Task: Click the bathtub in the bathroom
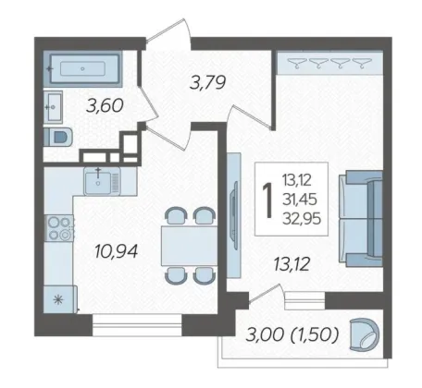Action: [82, 68]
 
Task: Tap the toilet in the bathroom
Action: [58, 137]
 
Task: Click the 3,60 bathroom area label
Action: [105, 105]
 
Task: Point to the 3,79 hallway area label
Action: [208, 82]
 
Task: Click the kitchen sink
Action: [102, 181]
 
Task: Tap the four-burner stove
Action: [60, 228]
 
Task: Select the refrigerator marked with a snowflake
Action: [59, 299]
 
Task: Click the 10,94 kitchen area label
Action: [117, 252]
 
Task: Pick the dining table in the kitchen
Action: [190, 246]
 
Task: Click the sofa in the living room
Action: [361, 218]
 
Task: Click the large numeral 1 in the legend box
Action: [268, 200]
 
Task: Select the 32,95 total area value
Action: [302, 219]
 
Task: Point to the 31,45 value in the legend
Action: [300, 200]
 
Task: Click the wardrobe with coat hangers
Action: [329, 63]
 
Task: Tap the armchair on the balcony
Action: [365, 334]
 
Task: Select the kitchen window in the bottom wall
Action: [137, 324]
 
